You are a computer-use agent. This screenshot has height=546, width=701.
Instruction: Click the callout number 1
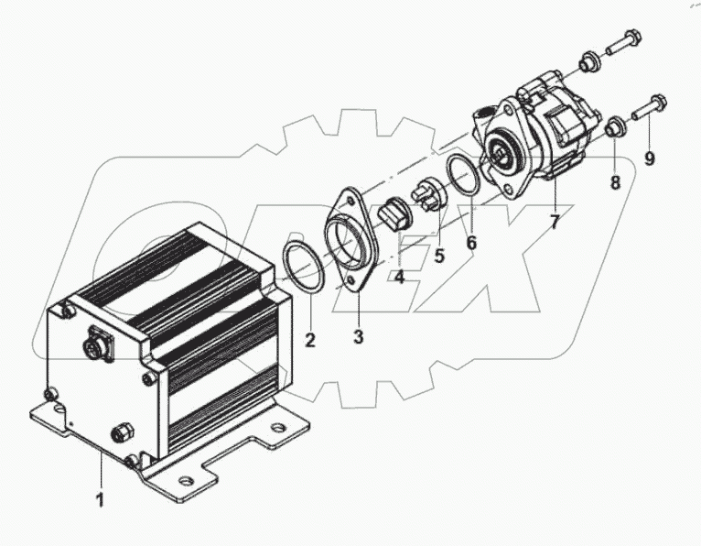[101, 500]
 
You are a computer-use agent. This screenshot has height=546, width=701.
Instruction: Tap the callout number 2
[310, 341]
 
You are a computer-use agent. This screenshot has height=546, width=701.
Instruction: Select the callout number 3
[358, 337]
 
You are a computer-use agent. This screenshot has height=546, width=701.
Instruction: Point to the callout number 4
[400, 276]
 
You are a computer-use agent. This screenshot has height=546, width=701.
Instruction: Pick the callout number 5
[438, 256]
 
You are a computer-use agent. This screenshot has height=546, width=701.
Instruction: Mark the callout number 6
[472, 243]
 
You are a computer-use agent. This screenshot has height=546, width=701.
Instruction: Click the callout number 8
[615, 182]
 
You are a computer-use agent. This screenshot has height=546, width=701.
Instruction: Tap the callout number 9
[650, 158]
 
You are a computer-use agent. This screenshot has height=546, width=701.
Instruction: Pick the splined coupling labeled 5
[429, 195]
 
